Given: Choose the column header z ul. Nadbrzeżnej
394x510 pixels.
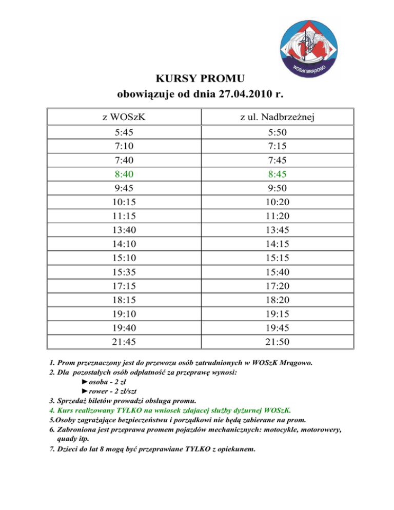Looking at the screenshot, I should pos(277,117).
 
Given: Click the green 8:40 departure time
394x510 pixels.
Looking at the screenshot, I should pos(124,174).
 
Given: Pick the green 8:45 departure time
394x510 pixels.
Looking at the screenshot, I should pos(277,174).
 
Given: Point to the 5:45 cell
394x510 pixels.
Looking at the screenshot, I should pos(124,132).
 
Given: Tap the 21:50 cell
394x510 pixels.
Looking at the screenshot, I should pos(277,341).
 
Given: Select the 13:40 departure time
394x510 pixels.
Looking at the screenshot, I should pos(124,229).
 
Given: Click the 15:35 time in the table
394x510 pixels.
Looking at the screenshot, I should pos(124,271).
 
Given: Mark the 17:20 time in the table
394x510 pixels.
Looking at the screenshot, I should pos(277,285).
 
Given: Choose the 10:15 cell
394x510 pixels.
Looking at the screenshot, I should pos(124,202).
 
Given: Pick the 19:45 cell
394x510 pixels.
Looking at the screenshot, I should pos(277,327).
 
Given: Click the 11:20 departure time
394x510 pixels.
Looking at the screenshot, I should pos(277,215).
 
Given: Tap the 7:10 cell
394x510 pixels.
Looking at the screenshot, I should pos(124,146).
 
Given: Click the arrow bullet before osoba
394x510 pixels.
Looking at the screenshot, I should pos(84,382).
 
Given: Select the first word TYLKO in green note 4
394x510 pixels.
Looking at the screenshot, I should pos(130,410).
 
